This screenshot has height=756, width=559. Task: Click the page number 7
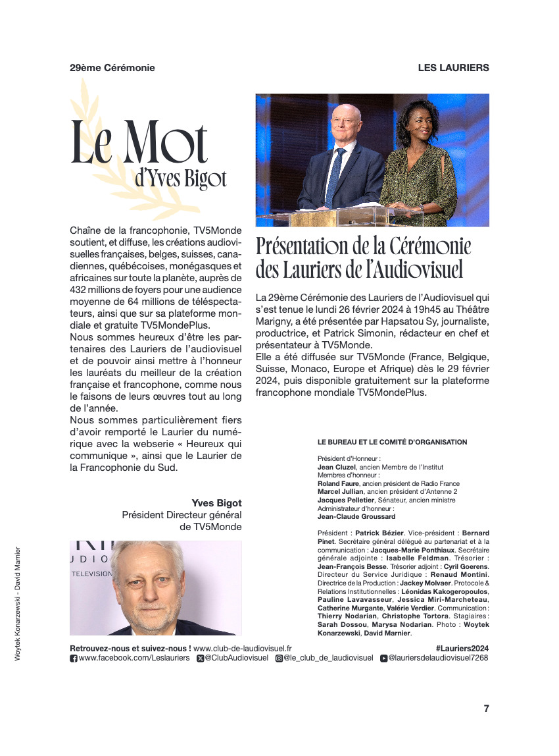[486, 709]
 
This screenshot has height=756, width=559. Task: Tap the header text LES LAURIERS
[453, 68]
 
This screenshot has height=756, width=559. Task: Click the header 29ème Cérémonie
[112, 68]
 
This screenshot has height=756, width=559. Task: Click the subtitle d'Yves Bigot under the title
[180, 178]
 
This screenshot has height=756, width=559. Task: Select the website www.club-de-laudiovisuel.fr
[243, 648]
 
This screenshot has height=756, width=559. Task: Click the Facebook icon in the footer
[74, 658]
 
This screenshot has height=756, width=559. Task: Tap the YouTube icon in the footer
[383, 658]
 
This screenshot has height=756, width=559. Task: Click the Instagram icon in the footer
[279, 658]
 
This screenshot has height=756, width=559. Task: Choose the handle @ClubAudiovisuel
[236, 658]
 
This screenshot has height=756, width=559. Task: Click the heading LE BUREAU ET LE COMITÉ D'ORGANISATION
[392, 442]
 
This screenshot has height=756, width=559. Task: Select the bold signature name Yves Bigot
[216, 503]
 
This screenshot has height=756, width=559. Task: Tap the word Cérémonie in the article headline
[429, 246]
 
